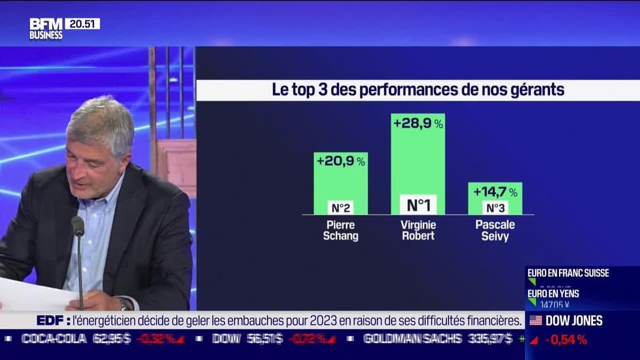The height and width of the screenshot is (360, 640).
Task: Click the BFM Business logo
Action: click(46, 29)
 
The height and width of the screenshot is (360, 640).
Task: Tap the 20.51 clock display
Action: click(82, 24)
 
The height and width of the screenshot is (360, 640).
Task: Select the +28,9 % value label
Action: click(418, 123)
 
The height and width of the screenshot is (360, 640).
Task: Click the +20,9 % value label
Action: click(341, 161)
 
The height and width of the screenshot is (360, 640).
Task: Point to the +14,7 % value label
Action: click(495, 191)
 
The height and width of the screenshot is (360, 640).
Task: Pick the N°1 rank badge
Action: click(418, 205)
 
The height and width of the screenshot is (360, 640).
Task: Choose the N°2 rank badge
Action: click(340, 207)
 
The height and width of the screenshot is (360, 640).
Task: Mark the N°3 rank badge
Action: click(495, 207)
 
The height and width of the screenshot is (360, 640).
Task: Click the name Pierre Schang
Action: click(340, 230)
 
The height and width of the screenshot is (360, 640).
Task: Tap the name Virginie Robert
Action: click(418, 230)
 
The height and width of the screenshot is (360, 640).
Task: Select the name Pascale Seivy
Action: click(495, 230)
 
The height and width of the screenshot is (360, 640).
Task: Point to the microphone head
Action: click(78, 226)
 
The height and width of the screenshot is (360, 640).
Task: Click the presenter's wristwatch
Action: click(124, 304)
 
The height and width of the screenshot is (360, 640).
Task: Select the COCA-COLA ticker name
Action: click(53, 338)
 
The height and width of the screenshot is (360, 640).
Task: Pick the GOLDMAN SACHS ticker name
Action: click(412, 338)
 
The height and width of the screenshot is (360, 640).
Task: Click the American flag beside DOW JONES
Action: click(535, 321)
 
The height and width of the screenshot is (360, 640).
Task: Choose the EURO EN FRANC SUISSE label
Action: click(568, 273)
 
